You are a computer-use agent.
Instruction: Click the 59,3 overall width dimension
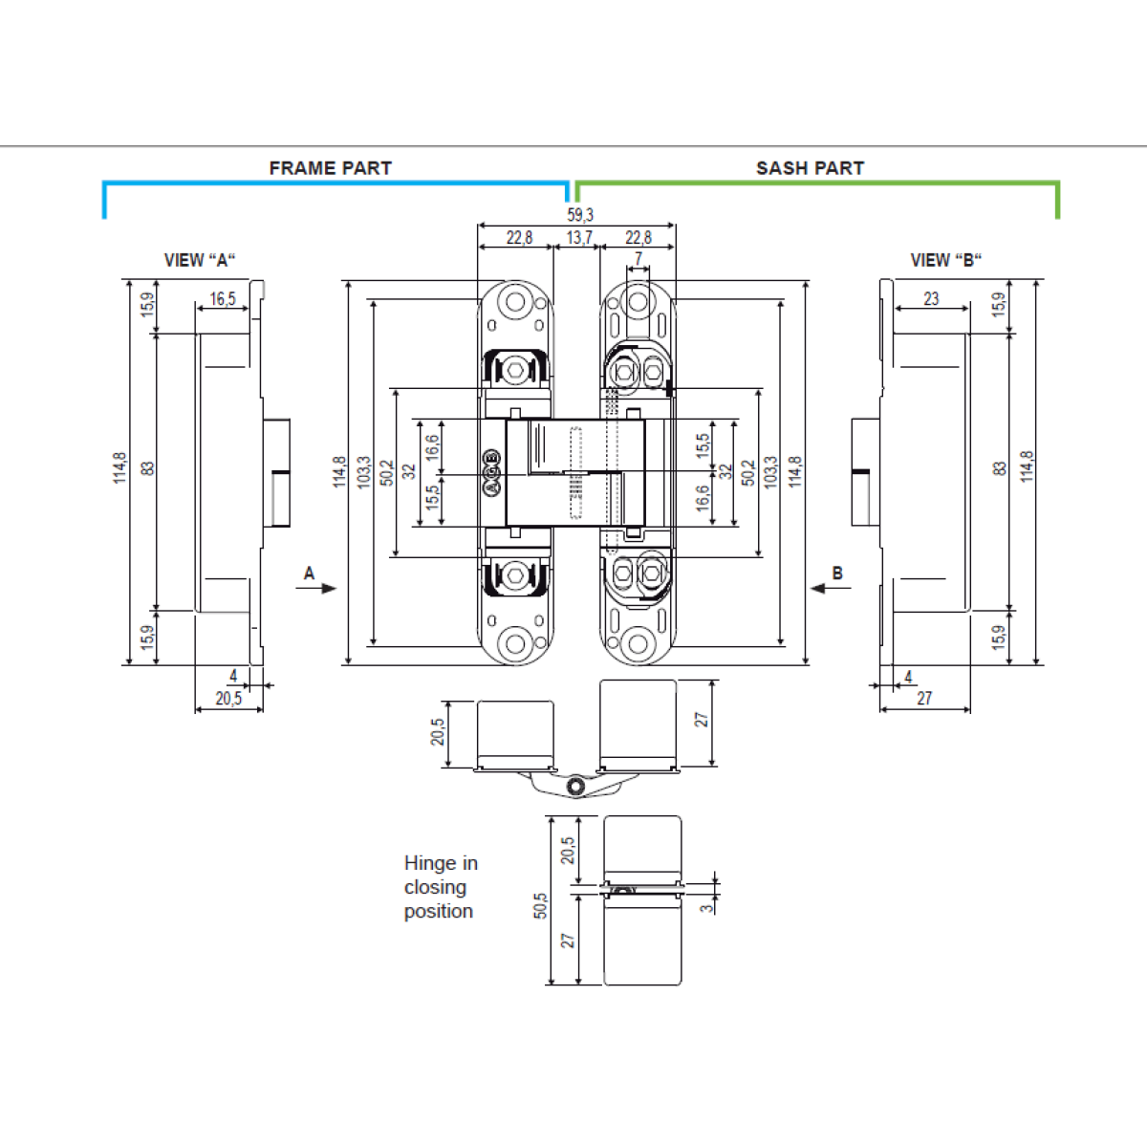579,215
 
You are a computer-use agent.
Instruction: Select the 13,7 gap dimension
579,237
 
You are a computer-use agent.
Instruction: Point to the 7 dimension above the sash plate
638,259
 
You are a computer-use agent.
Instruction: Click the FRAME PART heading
331,168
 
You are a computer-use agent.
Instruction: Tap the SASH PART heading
810,168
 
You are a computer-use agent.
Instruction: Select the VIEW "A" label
200,260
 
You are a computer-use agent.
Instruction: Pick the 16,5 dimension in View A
223,299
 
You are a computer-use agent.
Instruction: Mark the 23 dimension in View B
931,299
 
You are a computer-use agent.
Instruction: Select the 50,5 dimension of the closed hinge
541,905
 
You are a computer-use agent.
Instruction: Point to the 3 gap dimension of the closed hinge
707,907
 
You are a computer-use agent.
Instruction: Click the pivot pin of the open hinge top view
575,786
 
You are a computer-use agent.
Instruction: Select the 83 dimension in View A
147,468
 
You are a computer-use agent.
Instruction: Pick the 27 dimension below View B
924,699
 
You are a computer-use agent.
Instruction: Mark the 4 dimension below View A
233,676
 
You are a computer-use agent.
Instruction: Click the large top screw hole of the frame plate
516,302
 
